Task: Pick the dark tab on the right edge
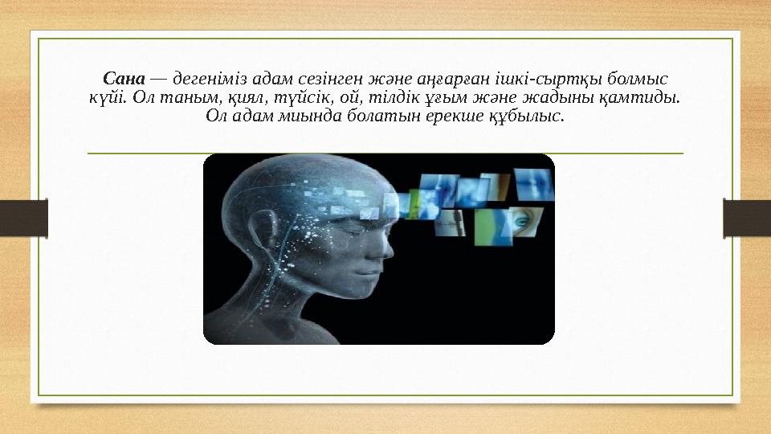(x=746, y=218)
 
